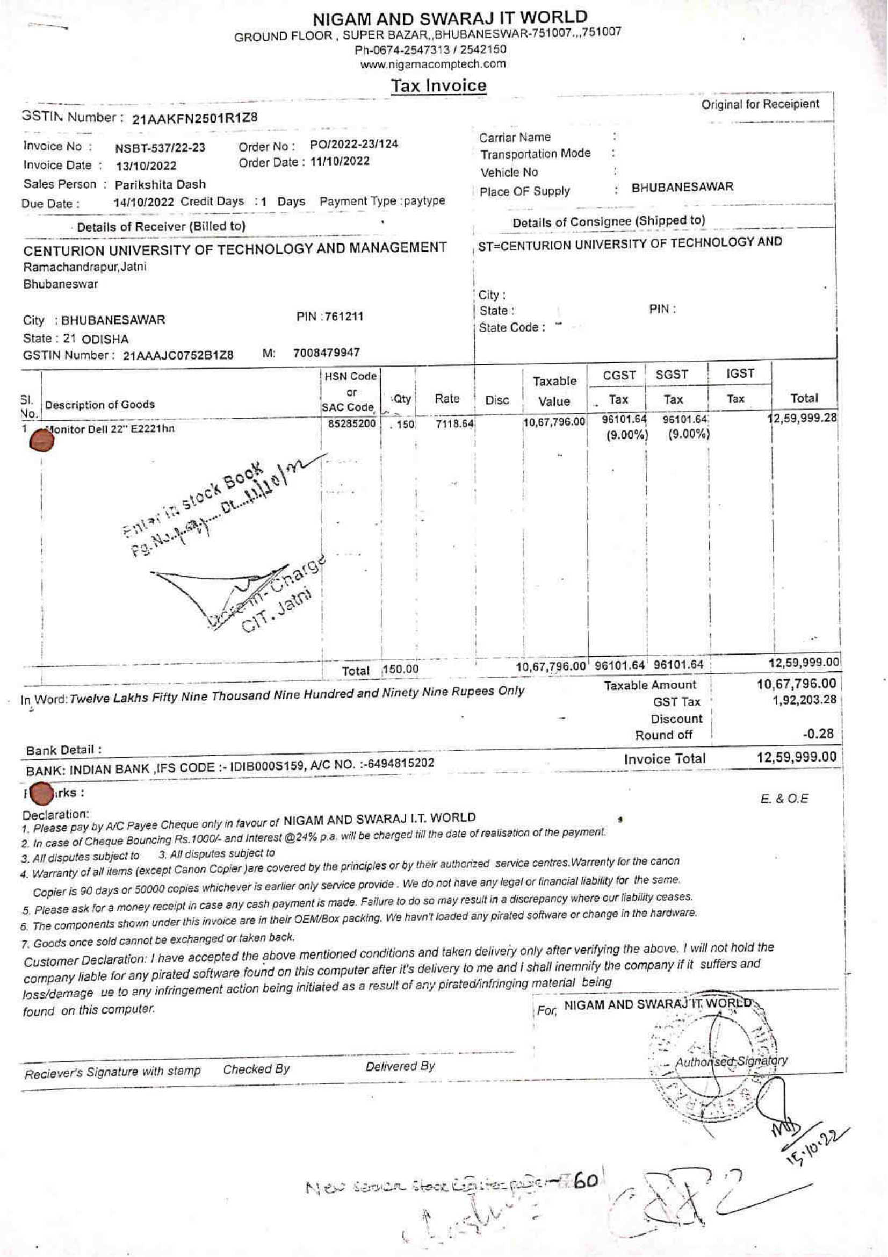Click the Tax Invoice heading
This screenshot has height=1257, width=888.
(438, 86)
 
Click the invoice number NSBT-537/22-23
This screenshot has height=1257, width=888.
(160, 148)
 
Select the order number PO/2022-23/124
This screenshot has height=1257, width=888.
(354, 145)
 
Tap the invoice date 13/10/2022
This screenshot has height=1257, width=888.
(146, 166)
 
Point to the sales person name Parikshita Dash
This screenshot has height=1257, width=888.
(160, 184)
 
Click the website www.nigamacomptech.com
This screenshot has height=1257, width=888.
(432, 64)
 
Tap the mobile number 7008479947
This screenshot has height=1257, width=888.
(326, 353)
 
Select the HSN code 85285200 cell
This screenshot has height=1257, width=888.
(351, 423)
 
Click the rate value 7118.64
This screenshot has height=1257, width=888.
(453, 425)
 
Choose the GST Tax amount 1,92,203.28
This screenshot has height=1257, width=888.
(804, 700)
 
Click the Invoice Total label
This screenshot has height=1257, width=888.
(664, 759)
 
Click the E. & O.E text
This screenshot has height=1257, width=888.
(784, 799)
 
